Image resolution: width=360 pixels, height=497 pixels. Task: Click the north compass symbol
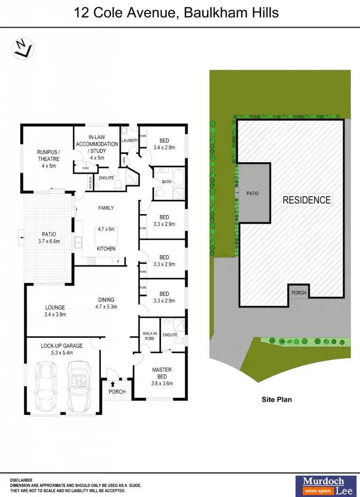[x=23, y=49]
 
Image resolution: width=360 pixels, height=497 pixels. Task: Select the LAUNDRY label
[x=130, y=141]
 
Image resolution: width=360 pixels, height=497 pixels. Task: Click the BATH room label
[x=167, y=182]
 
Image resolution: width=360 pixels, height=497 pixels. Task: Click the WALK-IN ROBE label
[x=148, y=335]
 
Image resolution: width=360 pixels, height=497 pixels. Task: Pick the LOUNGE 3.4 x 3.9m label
[x=55, y=311]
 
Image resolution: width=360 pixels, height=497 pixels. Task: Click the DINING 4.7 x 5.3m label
[x=105, y=303]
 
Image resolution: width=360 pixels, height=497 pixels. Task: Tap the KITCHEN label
[x=106, y=248]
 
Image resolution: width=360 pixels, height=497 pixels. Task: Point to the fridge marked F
[x=118, y=262]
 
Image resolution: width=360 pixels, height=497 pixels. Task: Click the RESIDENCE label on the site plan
[x=307, y=200]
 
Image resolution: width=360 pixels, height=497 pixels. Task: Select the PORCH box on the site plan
[x=298, y=293]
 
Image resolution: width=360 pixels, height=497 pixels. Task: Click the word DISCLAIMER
[x=21, y=480]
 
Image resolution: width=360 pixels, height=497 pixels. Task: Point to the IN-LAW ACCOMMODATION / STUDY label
[x=97, y=148]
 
